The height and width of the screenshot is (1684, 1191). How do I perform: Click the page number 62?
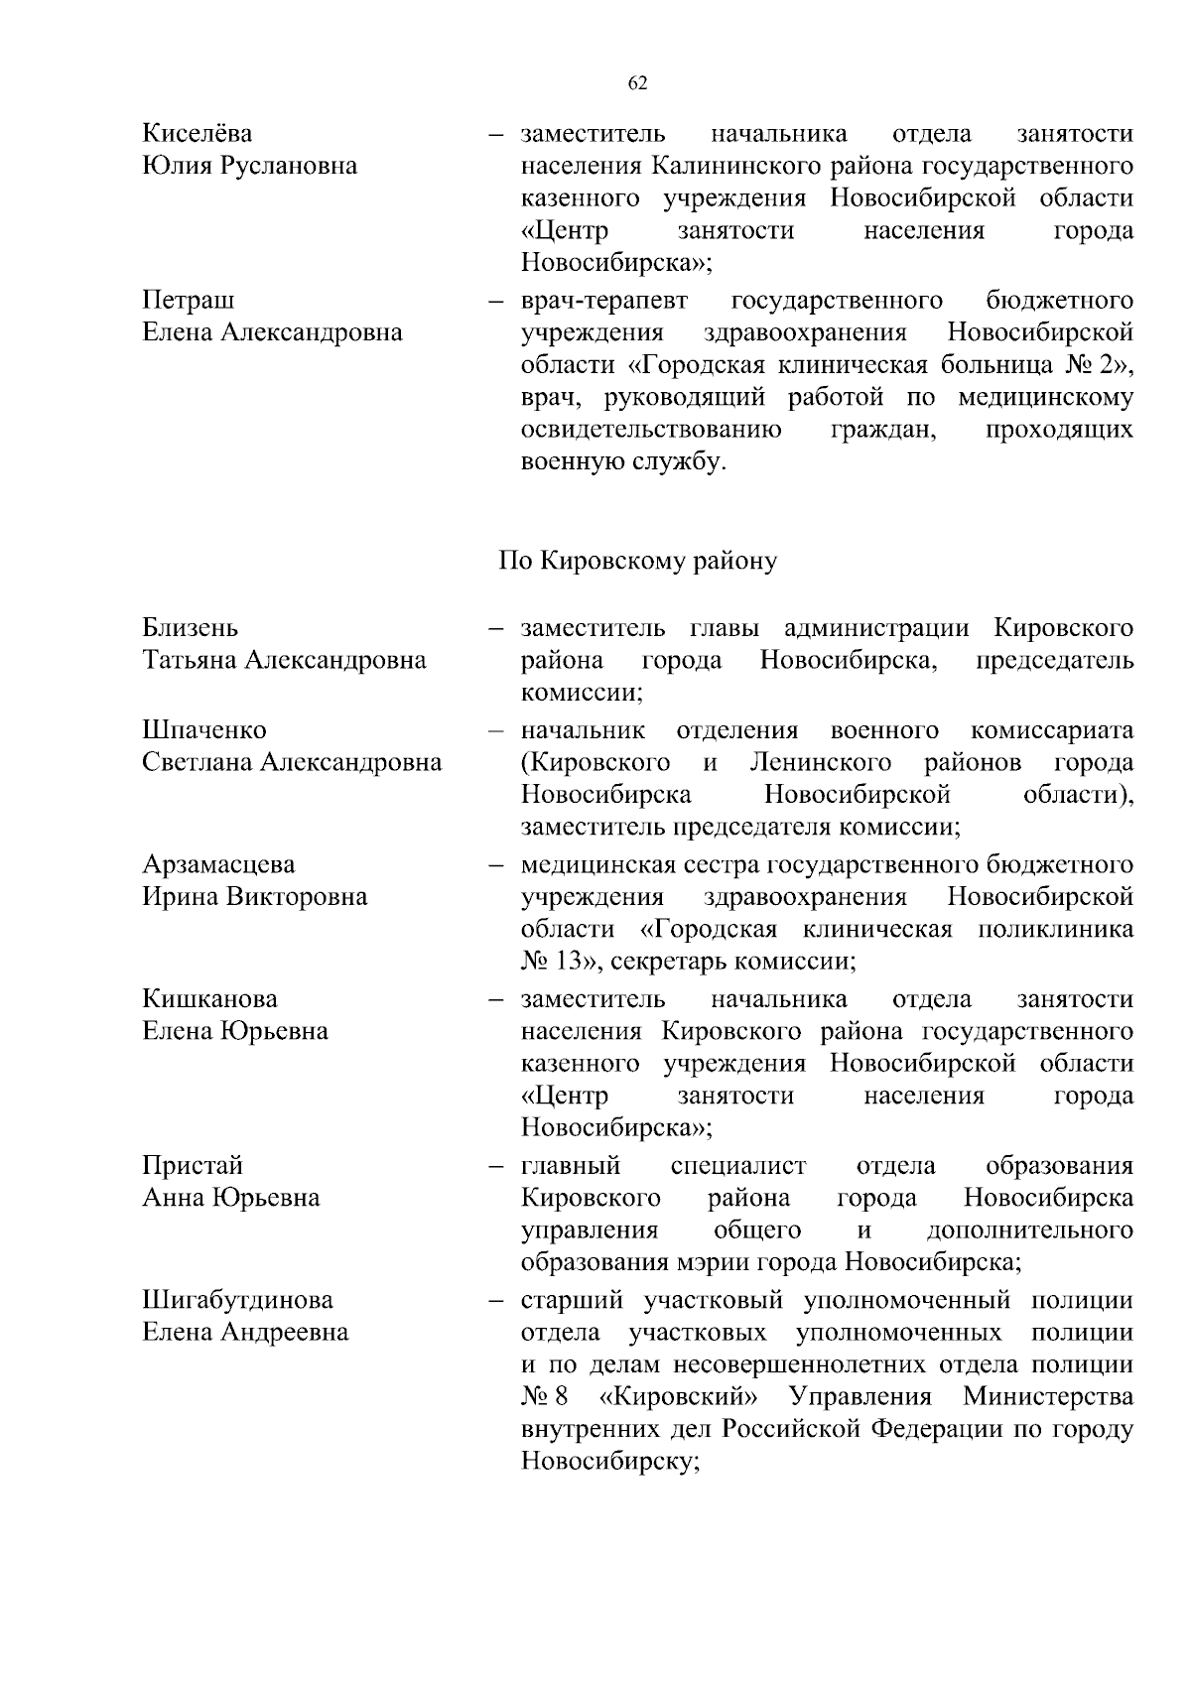637,83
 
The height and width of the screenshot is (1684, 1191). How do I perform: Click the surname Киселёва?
197,133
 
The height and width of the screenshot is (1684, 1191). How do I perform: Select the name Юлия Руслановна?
249,166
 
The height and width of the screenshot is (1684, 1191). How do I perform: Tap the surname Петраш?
189,300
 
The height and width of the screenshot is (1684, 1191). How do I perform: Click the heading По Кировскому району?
637,561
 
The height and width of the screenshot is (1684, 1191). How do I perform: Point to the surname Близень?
190,628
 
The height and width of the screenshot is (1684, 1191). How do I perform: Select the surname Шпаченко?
204,730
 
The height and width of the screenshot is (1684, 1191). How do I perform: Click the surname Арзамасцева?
218,864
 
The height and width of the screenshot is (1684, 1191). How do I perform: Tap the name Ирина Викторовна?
254,897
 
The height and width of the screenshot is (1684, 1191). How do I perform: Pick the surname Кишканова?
209,998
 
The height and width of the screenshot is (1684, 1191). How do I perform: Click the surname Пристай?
193,1165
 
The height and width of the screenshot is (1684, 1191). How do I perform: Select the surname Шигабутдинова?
237,1300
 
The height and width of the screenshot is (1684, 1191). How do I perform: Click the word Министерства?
1047,1397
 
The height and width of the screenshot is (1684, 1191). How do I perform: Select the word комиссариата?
1051,730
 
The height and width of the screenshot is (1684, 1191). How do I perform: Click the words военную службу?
623,462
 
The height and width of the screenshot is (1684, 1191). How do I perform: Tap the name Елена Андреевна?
245,1332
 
